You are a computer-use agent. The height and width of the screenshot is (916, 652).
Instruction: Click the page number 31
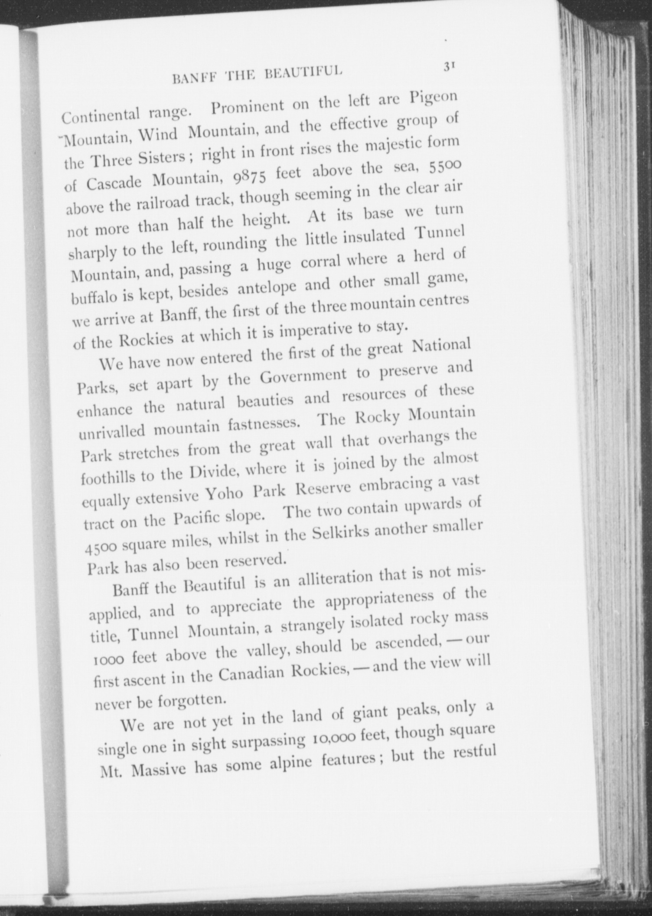(x=448, y=66)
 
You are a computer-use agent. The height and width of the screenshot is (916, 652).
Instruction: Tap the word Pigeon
(x=433, y=98)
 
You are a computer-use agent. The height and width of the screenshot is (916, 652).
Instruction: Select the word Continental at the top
(x=100, y=115)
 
